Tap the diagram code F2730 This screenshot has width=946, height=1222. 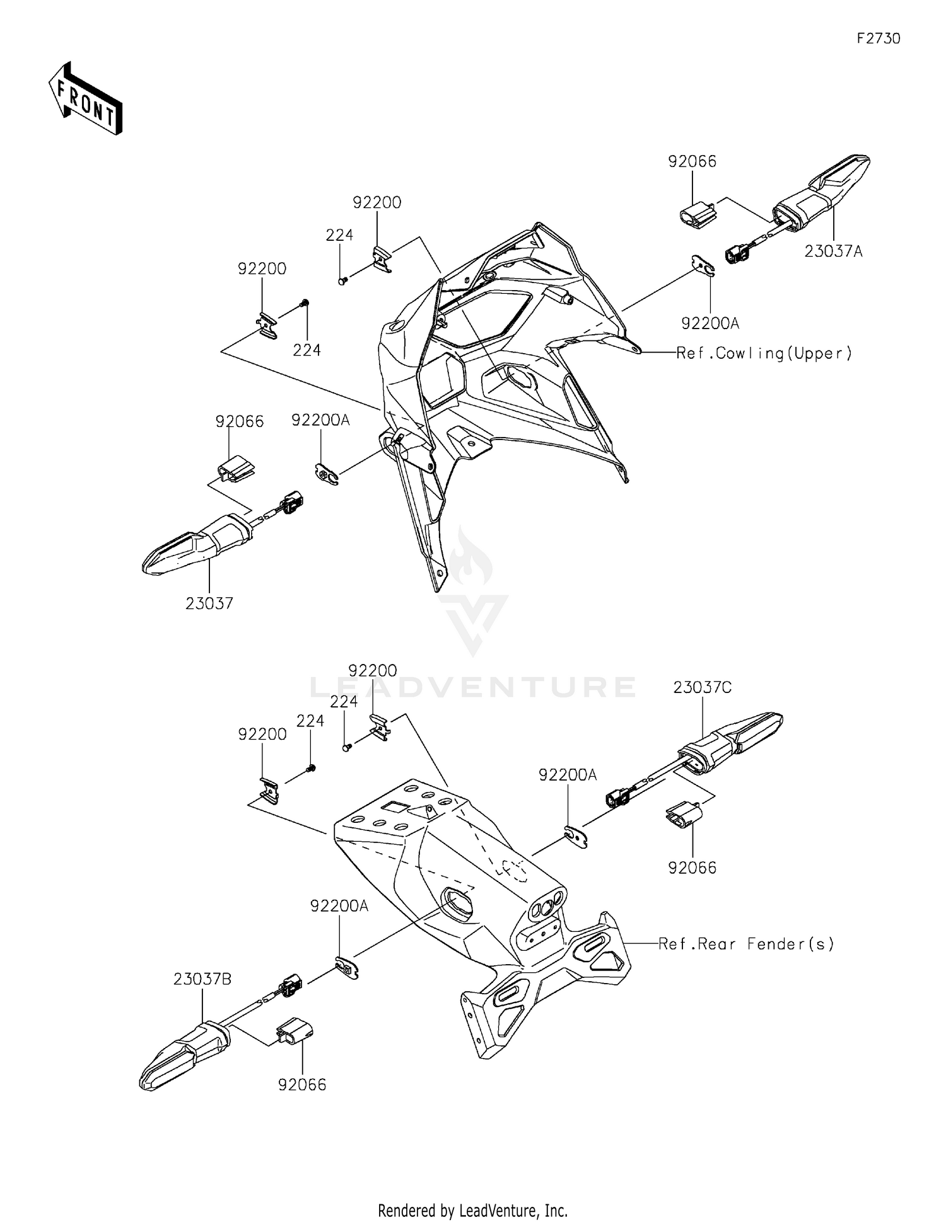(878, 38)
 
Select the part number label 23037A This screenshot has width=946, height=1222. (833, 252)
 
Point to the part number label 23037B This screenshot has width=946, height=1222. (202, 979)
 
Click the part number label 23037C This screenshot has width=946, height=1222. (702, 687)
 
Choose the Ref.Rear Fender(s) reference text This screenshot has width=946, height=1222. (746, 944)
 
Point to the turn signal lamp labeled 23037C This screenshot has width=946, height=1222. (732, 738)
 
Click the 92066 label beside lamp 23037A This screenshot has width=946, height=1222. (692, 161)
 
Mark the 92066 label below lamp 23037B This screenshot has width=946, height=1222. (302, 1085)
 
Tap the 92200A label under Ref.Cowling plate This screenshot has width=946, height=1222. (710, 323)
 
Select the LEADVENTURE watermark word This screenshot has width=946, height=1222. (472, 687)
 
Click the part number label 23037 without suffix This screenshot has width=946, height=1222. (209, 603)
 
